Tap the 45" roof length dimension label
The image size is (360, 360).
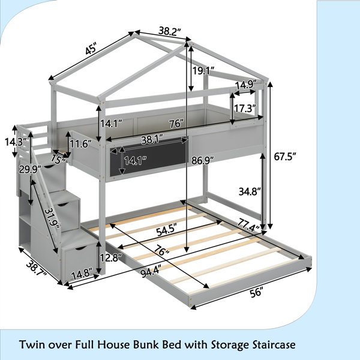point(91,49)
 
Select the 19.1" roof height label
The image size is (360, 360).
point(203,71)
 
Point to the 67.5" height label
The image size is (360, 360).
point(285,157)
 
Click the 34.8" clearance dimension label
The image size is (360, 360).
point(250,191)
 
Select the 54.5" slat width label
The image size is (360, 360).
point(166,231)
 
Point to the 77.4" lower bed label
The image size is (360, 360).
point(248,225)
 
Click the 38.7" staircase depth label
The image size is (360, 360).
point(37,269)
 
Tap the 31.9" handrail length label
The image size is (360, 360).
point(52,218)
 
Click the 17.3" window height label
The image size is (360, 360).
point(245,108)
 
